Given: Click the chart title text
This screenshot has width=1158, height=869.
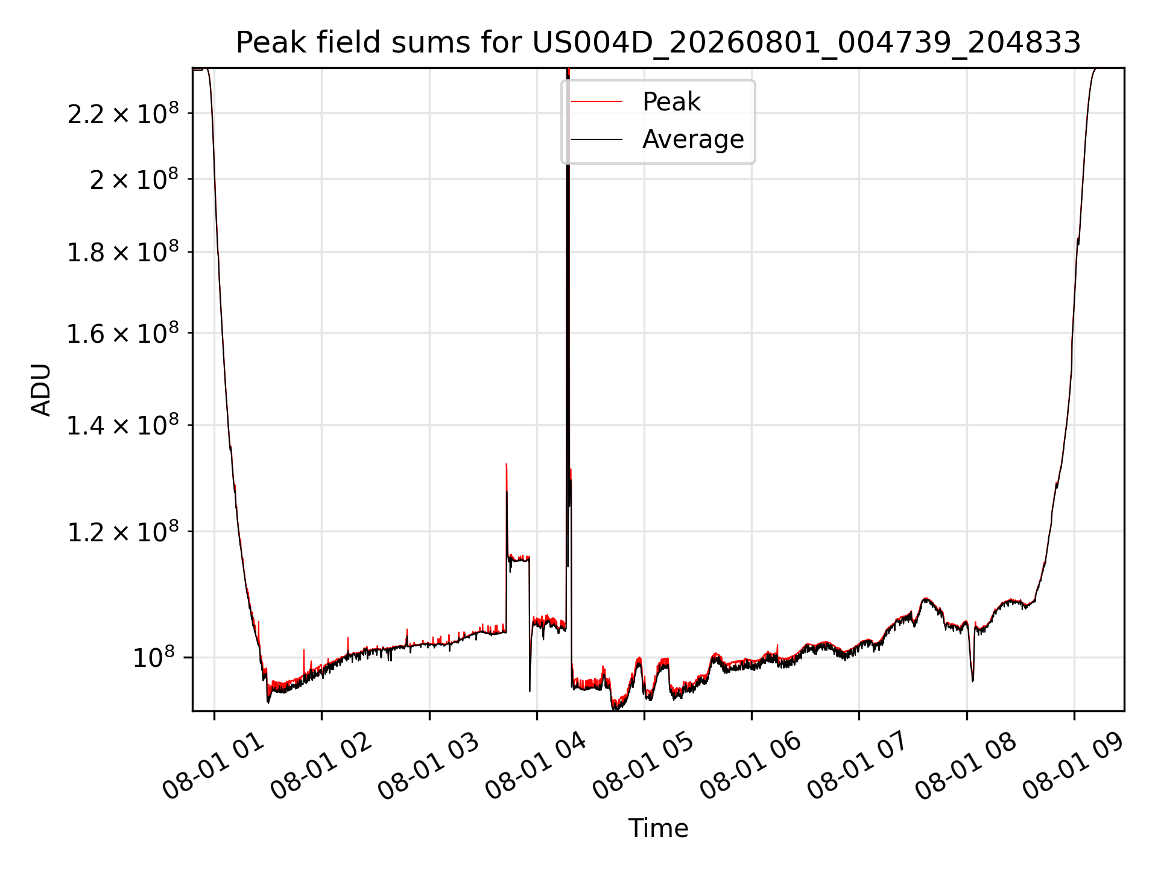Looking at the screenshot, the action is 658,43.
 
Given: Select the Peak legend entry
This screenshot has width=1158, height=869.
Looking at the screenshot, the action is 671,101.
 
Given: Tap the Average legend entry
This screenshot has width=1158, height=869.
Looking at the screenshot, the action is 693,139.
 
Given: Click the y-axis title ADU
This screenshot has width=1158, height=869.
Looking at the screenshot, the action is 41,389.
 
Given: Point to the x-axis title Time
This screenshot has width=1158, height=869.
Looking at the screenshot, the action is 658,828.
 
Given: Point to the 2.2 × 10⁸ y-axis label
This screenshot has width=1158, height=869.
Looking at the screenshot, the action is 123,113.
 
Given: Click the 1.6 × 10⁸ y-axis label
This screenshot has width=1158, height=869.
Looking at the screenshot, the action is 123,333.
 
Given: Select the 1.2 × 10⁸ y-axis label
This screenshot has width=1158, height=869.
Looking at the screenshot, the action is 123,531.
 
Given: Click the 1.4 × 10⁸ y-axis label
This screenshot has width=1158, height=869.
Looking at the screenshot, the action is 123,425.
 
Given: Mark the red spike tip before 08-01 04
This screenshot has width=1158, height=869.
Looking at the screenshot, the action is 507,463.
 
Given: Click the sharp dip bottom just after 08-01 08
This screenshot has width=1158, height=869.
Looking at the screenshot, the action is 972,681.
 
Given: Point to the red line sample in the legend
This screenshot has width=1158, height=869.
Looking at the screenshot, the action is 596,102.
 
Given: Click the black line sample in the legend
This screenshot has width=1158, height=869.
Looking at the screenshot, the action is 596,139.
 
